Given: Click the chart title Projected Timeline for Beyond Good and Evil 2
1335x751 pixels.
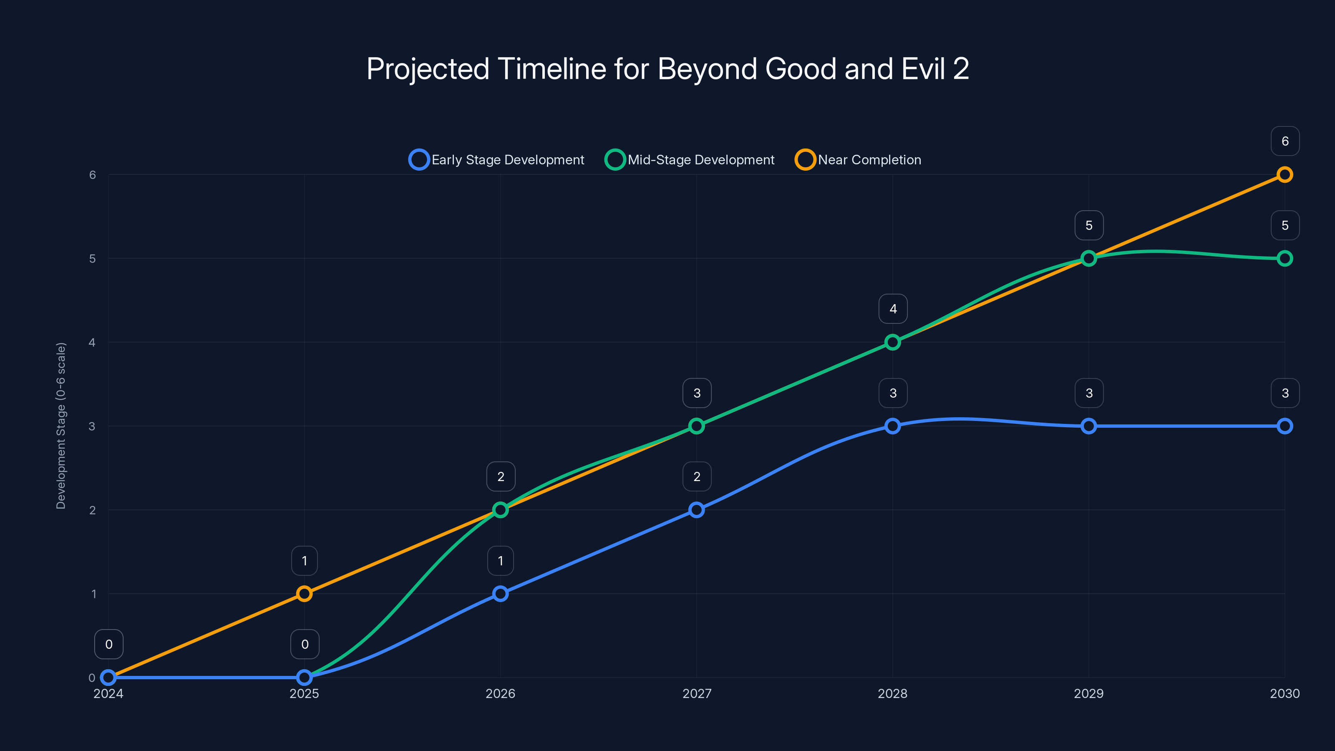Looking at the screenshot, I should click(x=667, y=69).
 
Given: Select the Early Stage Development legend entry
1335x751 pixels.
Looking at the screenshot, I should click(x=496, y=160).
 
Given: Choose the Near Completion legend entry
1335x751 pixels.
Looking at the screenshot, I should click(x=858, y=160).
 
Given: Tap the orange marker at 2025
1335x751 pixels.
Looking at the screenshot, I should click(x=304, y=593).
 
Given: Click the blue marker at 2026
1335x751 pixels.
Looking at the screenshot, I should click(x=500, y=593).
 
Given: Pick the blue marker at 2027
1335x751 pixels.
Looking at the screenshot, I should click(x=697, y=510).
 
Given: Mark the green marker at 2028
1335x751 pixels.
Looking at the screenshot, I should click(x=892, y=342).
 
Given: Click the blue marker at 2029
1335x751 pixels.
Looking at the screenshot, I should click(x=1088, y=426).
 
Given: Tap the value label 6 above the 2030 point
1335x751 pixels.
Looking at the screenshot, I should click(x=1285, y=141).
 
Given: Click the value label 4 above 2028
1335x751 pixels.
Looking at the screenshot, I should click(x=893, y=309).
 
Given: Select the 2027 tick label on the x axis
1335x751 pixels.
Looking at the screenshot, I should click(x=697, y=693).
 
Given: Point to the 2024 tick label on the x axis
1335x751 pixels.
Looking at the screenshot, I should click(x=108, y=693).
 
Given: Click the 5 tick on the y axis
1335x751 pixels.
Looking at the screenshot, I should click(x=92, y=259).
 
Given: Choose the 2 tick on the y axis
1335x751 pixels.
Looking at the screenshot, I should click(x=92, y=510).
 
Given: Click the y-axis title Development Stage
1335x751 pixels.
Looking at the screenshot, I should click(x=61, y=426).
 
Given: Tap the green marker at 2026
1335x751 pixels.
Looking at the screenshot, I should click(x=500, y=510).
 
